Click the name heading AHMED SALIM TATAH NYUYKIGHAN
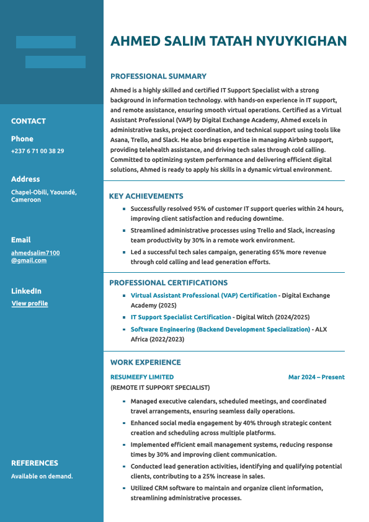(228, 42)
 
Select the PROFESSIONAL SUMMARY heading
(158, 76)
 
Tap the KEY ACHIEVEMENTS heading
(146, 196)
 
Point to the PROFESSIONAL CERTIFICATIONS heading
(168, 283)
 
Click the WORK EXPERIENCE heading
(145, 362)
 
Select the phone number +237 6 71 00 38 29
(37, 151)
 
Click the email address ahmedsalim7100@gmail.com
(35, 257)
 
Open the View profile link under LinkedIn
(30, 304)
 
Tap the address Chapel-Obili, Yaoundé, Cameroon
(43, 196)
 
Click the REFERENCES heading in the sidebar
(35, 463)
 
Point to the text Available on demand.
(42, 476)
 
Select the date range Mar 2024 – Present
(316, 377)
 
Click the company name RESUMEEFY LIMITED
(142, 377)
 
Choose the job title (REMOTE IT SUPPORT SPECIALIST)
(160, 387)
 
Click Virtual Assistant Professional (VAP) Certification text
(203, 296)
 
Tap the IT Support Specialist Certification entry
(180, 317)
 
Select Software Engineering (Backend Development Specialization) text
(220, 329)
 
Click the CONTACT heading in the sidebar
(29, 121)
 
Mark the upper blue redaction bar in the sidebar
(46, 42)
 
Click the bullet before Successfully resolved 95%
(124, 209)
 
